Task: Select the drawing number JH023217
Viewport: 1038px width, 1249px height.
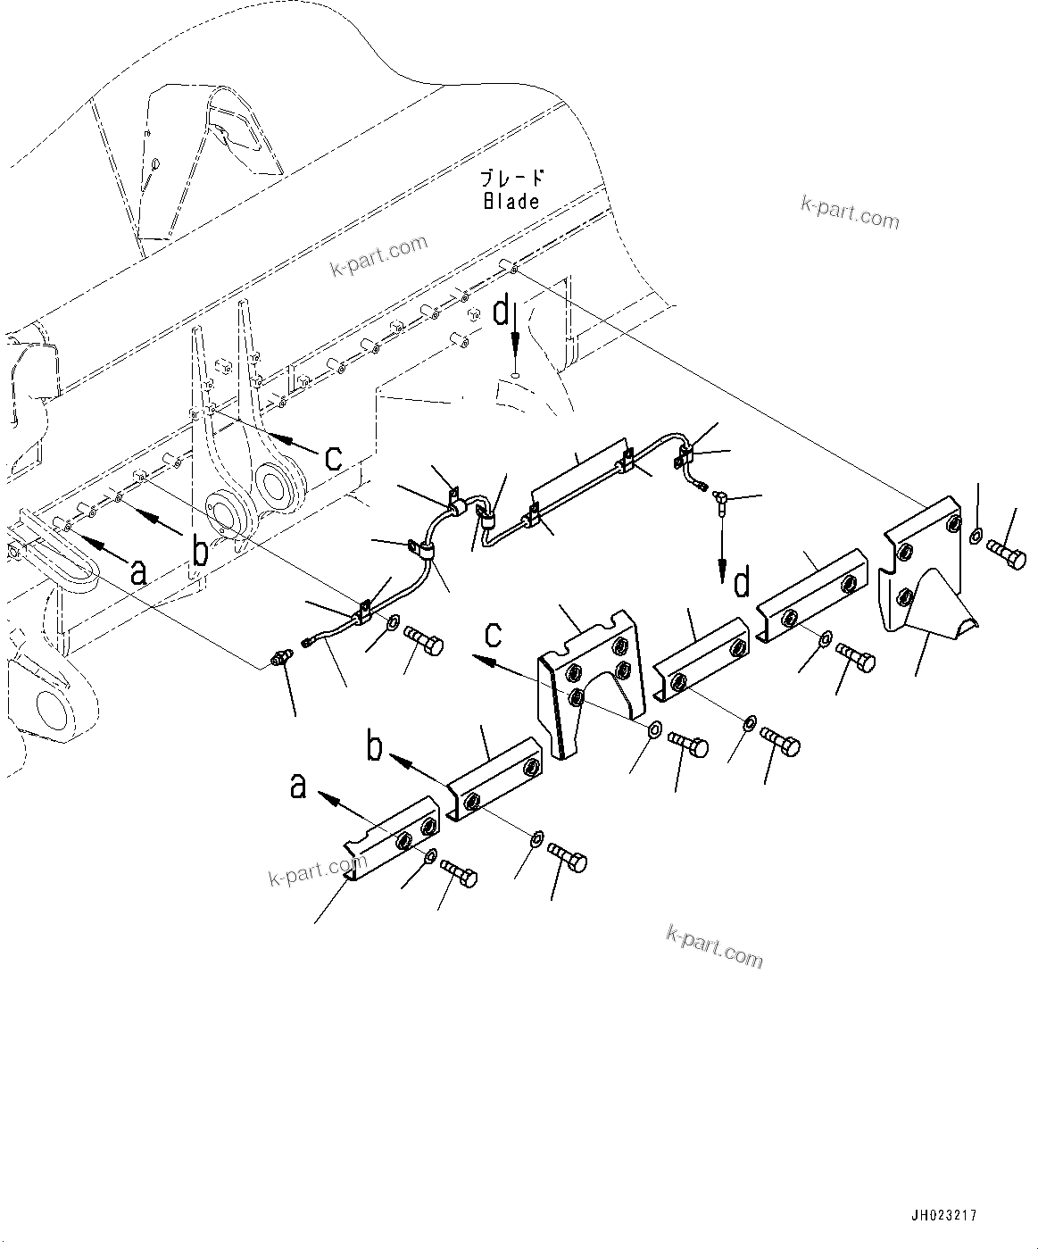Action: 943,1215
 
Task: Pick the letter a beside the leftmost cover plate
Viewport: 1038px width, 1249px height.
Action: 298,786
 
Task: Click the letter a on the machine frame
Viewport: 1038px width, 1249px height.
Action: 137,570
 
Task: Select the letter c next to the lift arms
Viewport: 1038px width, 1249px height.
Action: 333,458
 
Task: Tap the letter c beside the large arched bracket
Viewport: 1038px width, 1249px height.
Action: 493,635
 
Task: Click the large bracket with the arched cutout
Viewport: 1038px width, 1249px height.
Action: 592,679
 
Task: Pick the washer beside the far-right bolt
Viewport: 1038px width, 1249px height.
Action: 975,535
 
